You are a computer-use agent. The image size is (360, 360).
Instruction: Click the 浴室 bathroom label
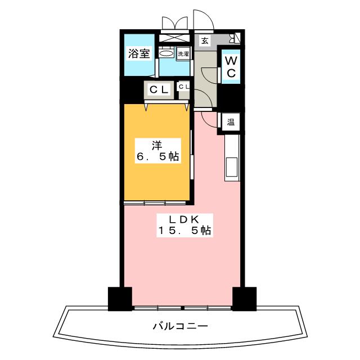pos(139,55)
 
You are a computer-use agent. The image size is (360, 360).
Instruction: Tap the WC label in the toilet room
pos(231,65)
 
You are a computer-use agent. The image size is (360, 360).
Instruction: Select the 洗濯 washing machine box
pos(183,54)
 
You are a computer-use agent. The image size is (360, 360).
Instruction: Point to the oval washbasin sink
pos(166,54)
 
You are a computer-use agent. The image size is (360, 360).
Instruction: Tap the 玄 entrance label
pos(205,40)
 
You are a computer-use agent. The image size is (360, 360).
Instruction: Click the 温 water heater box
pos(231,121)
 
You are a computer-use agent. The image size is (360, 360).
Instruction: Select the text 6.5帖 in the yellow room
pos(157,157)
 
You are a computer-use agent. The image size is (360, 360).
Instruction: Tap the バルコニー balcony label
pos(180,326)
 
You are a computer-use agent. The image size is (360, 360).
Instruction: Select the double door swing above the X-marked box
pos(173,22)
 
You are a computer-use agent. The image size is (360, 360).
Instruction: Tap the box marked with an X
pos(174,39)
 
